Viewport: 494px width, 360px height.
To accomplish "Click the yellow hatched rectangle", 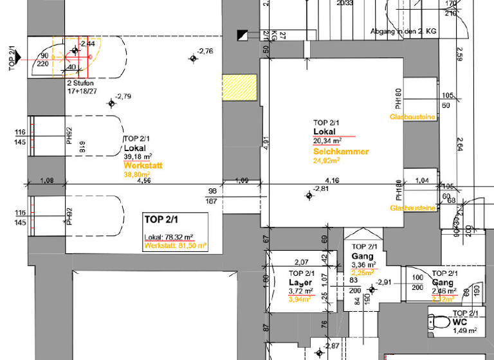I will tap(239, 88).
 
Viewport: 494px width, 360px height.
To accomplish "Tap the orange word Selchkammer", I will tap(340, 152).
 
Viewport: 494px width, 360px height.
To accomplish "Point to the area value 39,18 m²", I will tap(138, 156).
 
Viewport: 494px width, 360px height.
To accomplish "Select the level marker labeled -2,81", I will tap(309, 196).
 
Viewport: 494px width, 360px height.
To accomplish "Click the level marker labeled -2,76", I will tap(194, 59).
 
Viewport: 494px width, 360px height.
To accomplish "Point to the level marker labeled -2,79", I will tap(111, 103).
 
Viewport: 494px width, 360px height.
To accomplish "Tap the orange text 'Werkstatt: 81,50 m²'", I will tap(176, 245).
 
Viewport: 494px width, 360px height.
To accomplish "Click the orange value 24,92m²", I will tap(327, 161).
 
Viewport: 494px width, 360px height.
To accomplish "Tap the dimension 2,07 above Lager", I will tap(301, 262).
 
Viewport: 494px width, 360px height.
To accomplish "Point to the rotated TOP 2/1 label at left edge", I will tap(12, 57).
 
